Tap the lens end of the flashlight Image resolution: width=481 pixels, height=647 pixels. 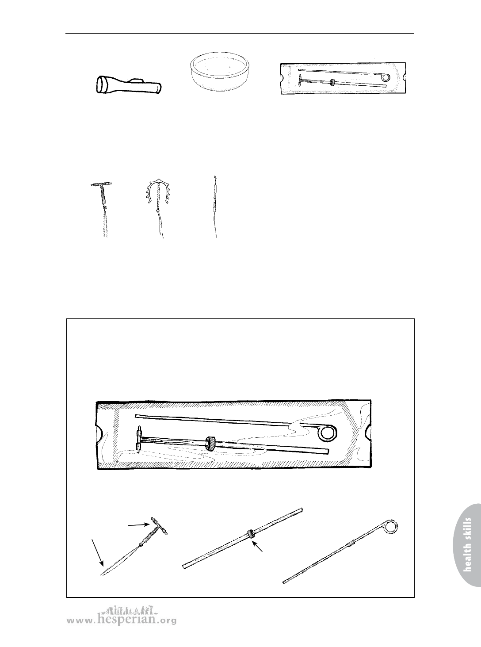point(101,84)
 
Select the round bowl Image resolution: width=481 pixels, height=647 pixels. point(221,73)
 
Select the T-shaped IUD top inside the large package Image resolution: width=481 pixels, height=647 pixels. point(139,439)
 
